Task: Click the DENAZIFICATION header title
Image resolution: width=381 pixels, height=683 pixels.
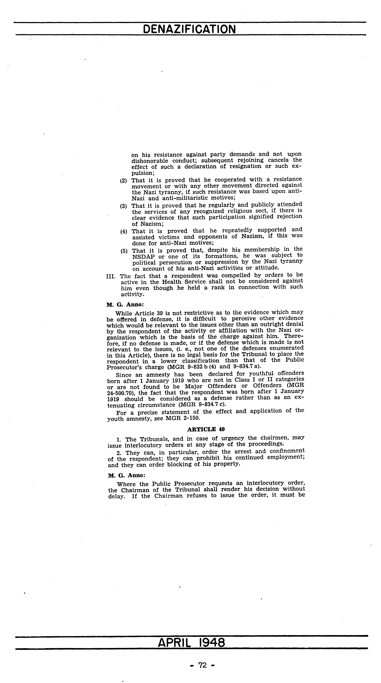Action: pyautogui.click(x=189, y=29)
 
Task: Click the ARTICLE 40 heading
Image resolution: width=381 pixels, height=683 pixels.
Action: pyautogui.click(x=206, y=429)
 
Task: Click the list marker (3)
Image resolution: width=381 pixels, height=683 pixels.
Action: pyautogui.click(x=123, y=206)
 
